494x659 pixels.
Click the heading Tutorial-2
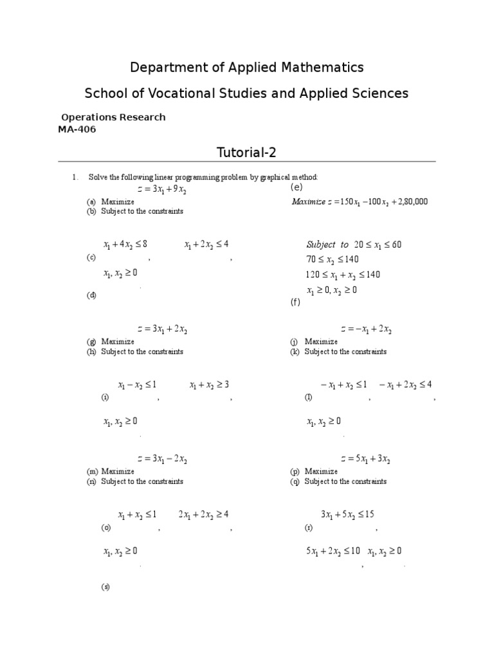point(247,152)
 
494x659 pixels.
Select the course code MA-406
point(77,129)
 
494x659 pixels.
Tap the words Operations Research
point(113,117)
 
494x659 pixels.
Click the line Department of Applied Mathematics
point(247,67)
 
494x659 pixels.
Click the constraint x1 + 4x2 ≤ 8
point(125,245)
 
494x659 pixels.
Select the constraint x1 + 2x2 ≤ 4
point(206,245)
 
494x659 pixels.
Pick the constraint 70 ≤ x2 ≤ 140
point(333,259)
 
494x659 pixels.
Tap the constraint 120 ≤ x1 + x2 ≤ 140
point(343,275)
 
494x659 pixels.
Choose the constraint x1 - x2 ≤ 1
point(137,385)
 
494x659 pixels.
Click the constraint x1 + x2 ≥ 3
point(209,385)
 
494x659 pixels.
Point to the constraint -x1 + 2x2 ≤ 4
point(406,385)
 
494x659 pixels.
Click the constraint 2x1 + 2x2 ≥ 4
point(204,515)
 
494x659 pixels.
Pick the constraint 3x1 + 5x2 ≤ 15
point(347,515)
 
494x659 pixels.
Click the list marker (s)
point(105,587)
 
